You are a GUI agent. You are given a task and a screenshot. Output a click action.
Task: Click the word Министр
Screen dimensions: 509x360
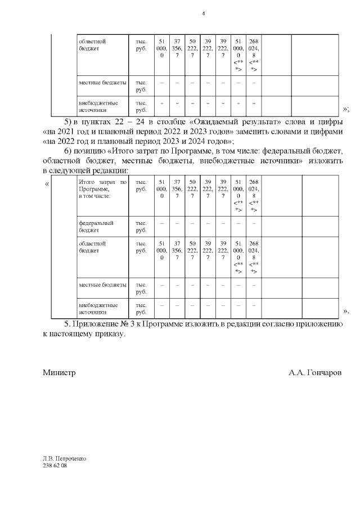[59, 372]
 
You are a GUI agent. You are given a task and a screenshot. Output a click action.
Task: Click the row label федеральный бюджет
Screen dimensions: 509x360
[96, 227]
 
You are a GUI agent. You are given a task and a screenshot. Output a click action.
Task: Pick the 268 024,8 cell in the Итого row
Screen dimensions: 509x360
[254, 195]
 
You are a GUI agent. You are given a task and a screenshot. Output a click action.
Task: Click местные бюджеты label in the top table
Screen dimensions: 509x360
[102, 83]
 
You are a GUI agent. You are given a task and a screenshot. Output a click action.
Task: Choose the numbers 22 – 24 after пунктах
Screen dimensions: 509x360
[126, 122]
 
